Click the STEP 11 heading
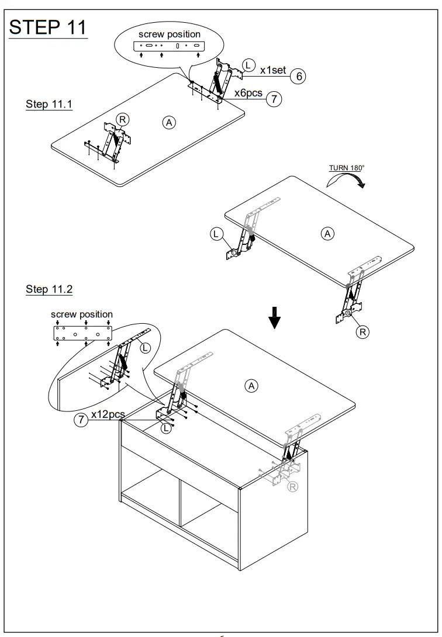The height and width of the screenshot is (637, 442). [x=48, y=27]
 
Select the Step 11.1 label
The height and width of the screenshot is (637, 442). [x=49, y=105]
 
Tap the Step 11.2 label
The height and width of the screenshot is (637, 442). [x=49, y=289]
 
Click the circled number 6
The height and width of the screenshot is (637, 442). [x=298, y=75]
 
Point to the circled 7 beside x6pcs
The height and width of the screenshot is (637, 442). [x=274, y=98]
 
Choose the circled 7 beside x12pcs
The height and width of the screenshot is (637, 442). [x=81, y=419]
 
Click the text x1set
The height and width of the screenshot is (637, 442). [x=273, y=70]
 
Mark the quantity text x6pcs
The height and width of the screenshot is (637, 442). [x=248, y=94]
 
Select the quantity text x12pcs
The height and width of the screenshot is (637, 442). [x=108, y=414]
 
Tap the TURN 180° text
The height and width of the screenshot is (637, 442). [x=346, y=168]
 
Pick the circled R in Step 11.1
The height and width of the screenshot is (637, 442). [x=122, y=119]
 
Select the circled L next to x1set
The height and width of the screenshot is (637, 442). [x=249, y=64]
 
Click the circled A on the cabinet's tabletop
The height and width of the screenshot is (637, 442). [x=251, y=386]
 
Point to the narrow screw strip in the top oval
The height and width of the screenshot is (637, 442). [x=170, y=45]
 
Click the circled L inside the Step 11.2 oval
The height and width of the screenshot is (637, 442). [x=145, y=347]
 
